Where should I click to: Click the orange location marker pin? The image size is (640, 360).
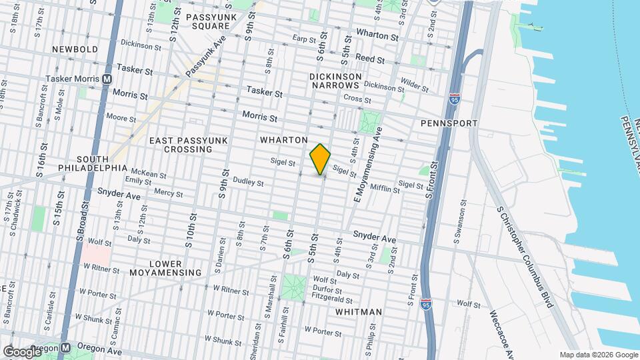(x=321, y=159)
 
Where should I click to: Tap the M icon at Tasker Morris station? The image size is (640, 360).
(x=107, y=79)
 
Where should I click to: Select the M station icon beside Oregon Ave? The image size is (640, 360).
(x=66, y=348)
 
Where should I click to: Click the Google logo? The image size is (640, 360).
(x=22, y=351)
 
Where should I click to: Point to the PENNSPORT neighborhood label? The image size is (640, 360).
(x=449, y=123)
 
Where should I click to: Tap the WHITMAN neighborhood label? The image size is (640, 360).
(x=359, y=312)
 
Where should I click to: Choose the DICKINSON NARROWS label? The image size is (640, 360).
(x=335, y=81)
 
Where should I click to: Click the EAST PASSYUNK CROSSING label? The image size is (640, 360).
(x=189, y=145)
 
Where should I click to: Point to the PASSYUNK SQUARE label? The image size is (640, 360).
(x=207, y=21)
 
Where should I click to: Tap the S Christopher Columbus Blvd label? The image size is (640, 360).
(x=525, y=257)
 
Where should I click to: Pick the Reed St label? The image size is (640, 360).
(x=369, y=59)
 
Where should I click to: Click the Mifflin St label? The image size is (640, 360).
(x=384, y=189)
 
